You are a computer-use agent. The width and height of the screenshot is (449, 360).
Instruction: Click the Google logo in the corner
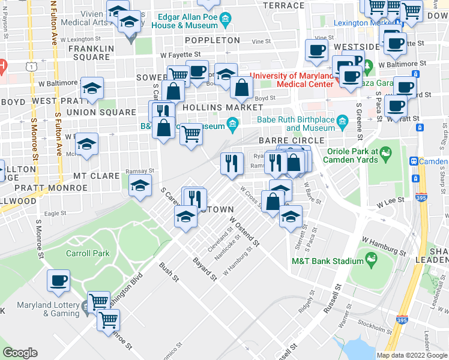click(20, 353)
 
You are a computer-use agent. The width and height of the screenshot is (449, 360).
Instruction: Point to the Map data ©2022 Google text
click(411, 355)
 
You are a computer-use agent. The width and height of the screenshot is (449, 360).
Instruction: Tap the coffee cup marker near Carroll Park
click(58, 281)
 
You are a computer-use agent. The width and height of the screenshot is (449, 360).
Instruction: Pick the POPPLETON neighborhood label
click(212, 40)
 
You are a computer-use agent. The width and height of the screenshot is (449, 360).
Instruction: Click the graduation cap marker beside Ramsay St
click(140, 185)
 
